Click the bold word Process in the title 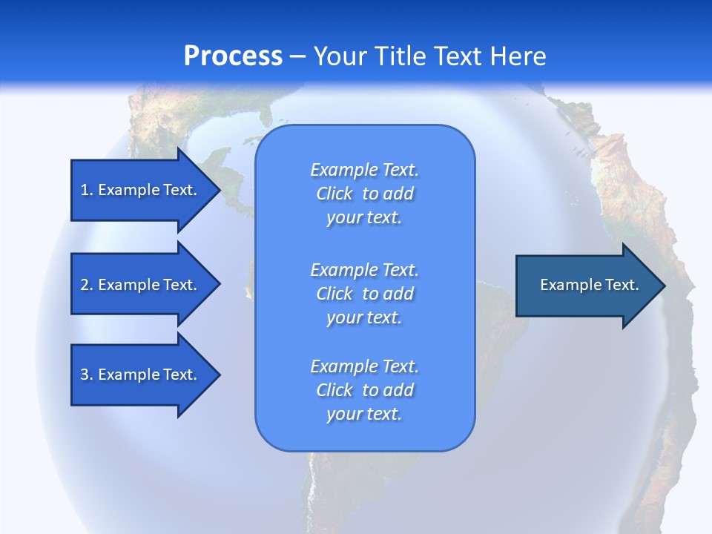[233, 56]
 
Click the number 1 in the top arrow [85, 190]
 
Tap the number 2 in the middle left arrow [85, 285]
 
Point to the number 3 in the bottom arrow [85, 375]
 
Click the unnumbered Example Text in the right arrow [589, 285]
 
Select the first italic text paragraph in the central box [364, 194]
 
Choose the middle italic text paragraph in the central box [364, 294]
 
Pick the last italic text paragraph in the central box [364, 390]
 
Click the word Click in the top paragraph [334, 194]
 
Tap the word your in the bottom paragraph [343, 415]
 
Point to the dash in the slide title [297, 57]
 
